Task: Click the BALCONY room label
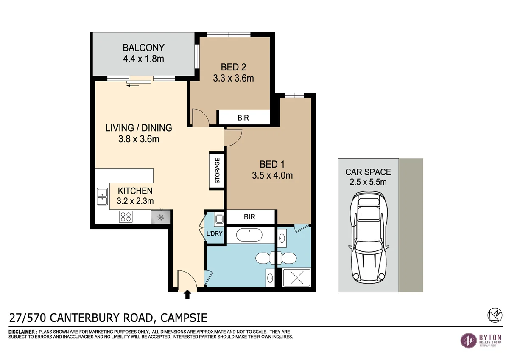coord(143,48)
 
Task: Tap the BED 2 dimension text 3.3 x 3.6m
coord(233,78)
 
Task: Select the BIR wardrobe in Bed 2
coord(243,118)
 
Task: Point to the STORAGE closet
coord(217,170)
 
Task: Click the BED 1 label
coord(272,164)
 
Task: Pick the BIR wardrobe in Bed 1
coord(249,217)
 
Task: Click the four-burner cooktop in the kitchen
coord(125,217)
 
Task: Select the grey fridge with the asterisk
coord(161,217)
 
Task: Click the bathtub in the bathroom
coord(250,235)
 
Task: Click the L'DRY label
coord(215,234)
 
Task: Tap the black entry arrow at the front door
coord(187,295)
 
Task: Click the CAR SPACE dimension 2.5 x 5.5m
coord(368,183)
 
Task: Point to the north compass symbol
coord(493,315)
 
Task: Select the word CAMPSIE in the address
coord(184,318)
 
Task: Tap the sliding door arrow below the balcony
coord(133,84)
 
